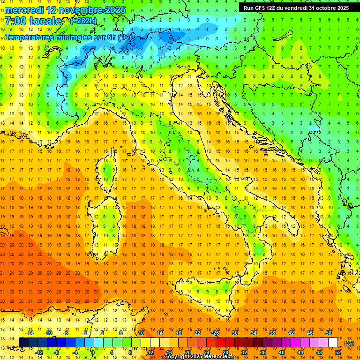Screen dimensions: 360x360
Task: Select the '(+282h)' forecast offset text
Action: click(83, 21)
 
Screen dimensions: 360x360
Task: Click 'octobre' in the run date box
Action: click(326, 8)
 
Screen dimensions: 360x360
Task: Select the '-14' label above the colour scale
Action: click(30, 333)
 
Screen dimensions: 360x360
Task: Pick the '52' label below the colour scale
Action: click(337, 352)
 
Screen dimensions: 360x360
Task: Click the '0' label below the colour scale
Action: click(92, 352)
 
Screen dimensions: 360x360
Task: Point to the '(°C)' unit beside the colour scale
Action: click(349, 343)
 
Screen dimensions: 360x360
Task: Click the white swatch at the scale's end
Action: click(333, 343)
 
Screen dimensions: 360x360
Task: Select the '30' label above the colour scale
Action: click(234, 333)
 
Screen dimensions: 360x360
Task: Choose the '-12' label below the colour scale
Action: click(39, 352)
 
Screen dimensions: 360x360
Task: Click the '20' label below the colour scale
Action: click(187, 352)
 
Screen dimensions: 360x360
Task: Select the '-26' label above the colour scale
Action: click(215, 333)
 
